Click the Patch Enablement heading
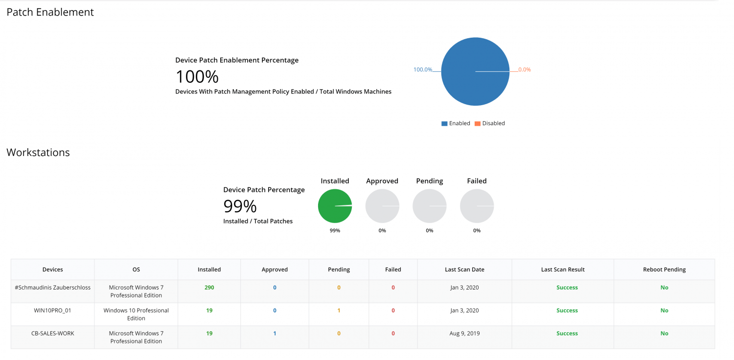pyautogui.click(x=50, y=12)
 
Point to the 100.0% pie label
pyautogui.click(x=423, y=69)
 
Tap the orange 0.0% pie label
pyautogui.click(x=524, y=69)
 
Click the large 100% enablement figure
pyautogui.click(x=197, y=77)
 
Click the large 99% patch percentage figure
pyautogui.click(x=240, y=206)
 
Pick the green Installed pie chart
pyautogui.click(x=335, y=206)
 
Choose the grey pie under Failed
pyautogui.click(x=477, y=206)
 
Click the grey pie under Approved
pyautogui.click(x=382, y=206)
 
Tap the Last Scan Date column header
pyautogui.click(x=464, y=270)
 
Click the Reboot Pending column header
pyautogui.click(x=664, y=270)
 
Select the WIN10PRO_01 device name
pyautogui.click(x=53, y=311)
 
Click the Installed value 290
pyautogui.click(x=209, y=288)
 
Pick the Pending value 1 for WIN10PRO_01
pyautogui.click(x=339, y=311)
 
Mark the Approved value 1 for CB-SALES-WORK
pyautogui.click(x=275, y=334)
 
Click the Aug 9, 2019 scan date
pyautogui.click(x=464, y=334)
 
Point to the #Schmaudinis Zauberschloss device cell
pyautogui.click(x=53, y=288)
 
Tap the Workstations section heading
pyautogui.click(x=38, y=153)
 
